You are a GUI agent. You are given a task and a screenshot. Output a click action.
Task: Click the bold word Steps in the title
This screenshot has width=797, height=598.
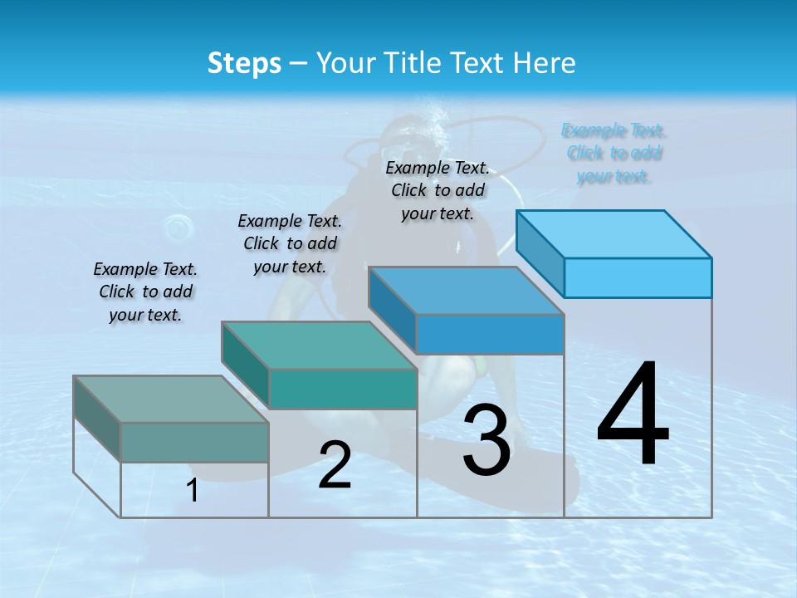(244, 63)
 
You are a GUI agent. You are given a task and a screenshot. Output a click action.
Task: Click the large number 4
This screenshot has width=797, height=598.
(633, 415)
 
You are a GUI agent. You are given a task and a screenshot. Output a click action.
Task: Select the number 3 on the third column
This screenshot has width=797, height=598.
(487, 440)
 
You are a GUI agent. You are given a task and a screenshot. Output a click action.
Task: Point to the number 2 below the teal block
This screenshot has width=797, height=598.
(335, 465)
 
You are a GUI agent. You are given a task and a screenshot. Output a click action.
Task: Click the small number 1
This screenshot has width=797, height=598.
(193, 491)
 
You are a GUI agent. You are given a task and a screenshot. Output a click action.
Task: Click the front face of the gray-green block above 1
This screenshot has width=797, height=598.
(194, 442)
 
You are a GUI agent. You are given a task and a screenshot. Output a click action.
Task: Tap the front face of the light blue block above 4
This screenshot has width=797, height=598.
(638, 277)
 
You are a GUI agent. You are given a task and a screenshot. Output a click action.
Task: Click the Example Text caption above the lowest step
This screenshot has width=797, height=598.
(145, 292)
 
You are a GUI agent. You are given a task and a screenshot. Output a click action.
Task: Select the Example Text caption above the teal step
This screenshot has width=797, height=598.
(290, 243)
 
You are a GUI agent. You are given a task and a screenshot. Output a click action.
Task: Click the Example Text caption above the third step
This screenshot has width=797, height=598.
(438, 190)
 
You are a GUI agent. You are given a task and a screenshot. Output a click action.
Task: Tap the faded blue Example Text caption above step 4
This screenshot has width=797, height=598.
(614, 153)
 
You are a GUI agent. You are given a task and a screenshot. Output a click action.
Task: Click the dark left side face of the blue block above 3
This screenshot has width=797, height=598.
(392, 309)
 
